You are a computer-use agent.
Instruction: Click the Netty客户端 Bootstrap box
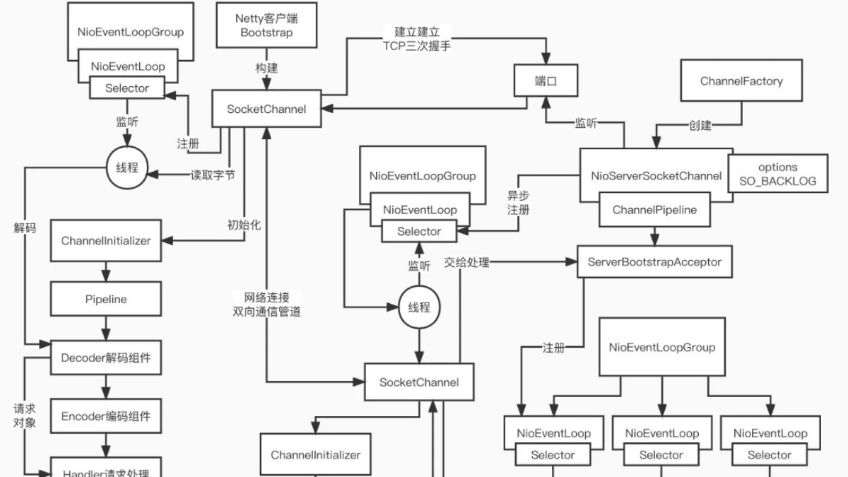266,25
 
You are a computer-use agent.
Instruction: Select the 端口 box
546,81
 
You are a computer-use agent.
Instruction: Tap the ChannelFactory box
741,81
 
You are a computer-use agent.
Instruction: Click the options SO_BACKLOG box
777,174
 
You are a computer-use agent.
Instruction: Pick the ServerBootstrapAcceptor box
654,261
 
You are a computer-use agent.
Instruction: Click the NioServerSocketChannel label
656,175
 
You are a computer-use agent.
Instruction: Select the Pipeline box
106,299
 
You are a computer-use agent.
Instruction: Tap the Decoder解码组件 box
106,358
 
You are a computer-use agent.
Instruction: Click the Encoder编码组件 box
106,416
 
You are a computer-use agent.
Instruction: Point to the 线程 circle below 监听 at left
127,167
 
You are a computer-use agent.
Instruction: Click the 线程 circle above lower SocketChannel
419,307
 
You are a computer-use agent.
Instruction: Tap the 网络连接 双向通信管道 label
266,304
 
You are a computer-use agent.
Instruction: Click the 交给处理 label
466,262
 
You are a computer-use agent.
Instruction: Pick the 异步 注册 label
518,203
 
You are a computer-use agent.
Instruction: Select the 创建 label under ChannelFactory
700,126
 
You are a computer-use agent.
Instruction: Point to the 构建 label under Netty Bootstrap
266,69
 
